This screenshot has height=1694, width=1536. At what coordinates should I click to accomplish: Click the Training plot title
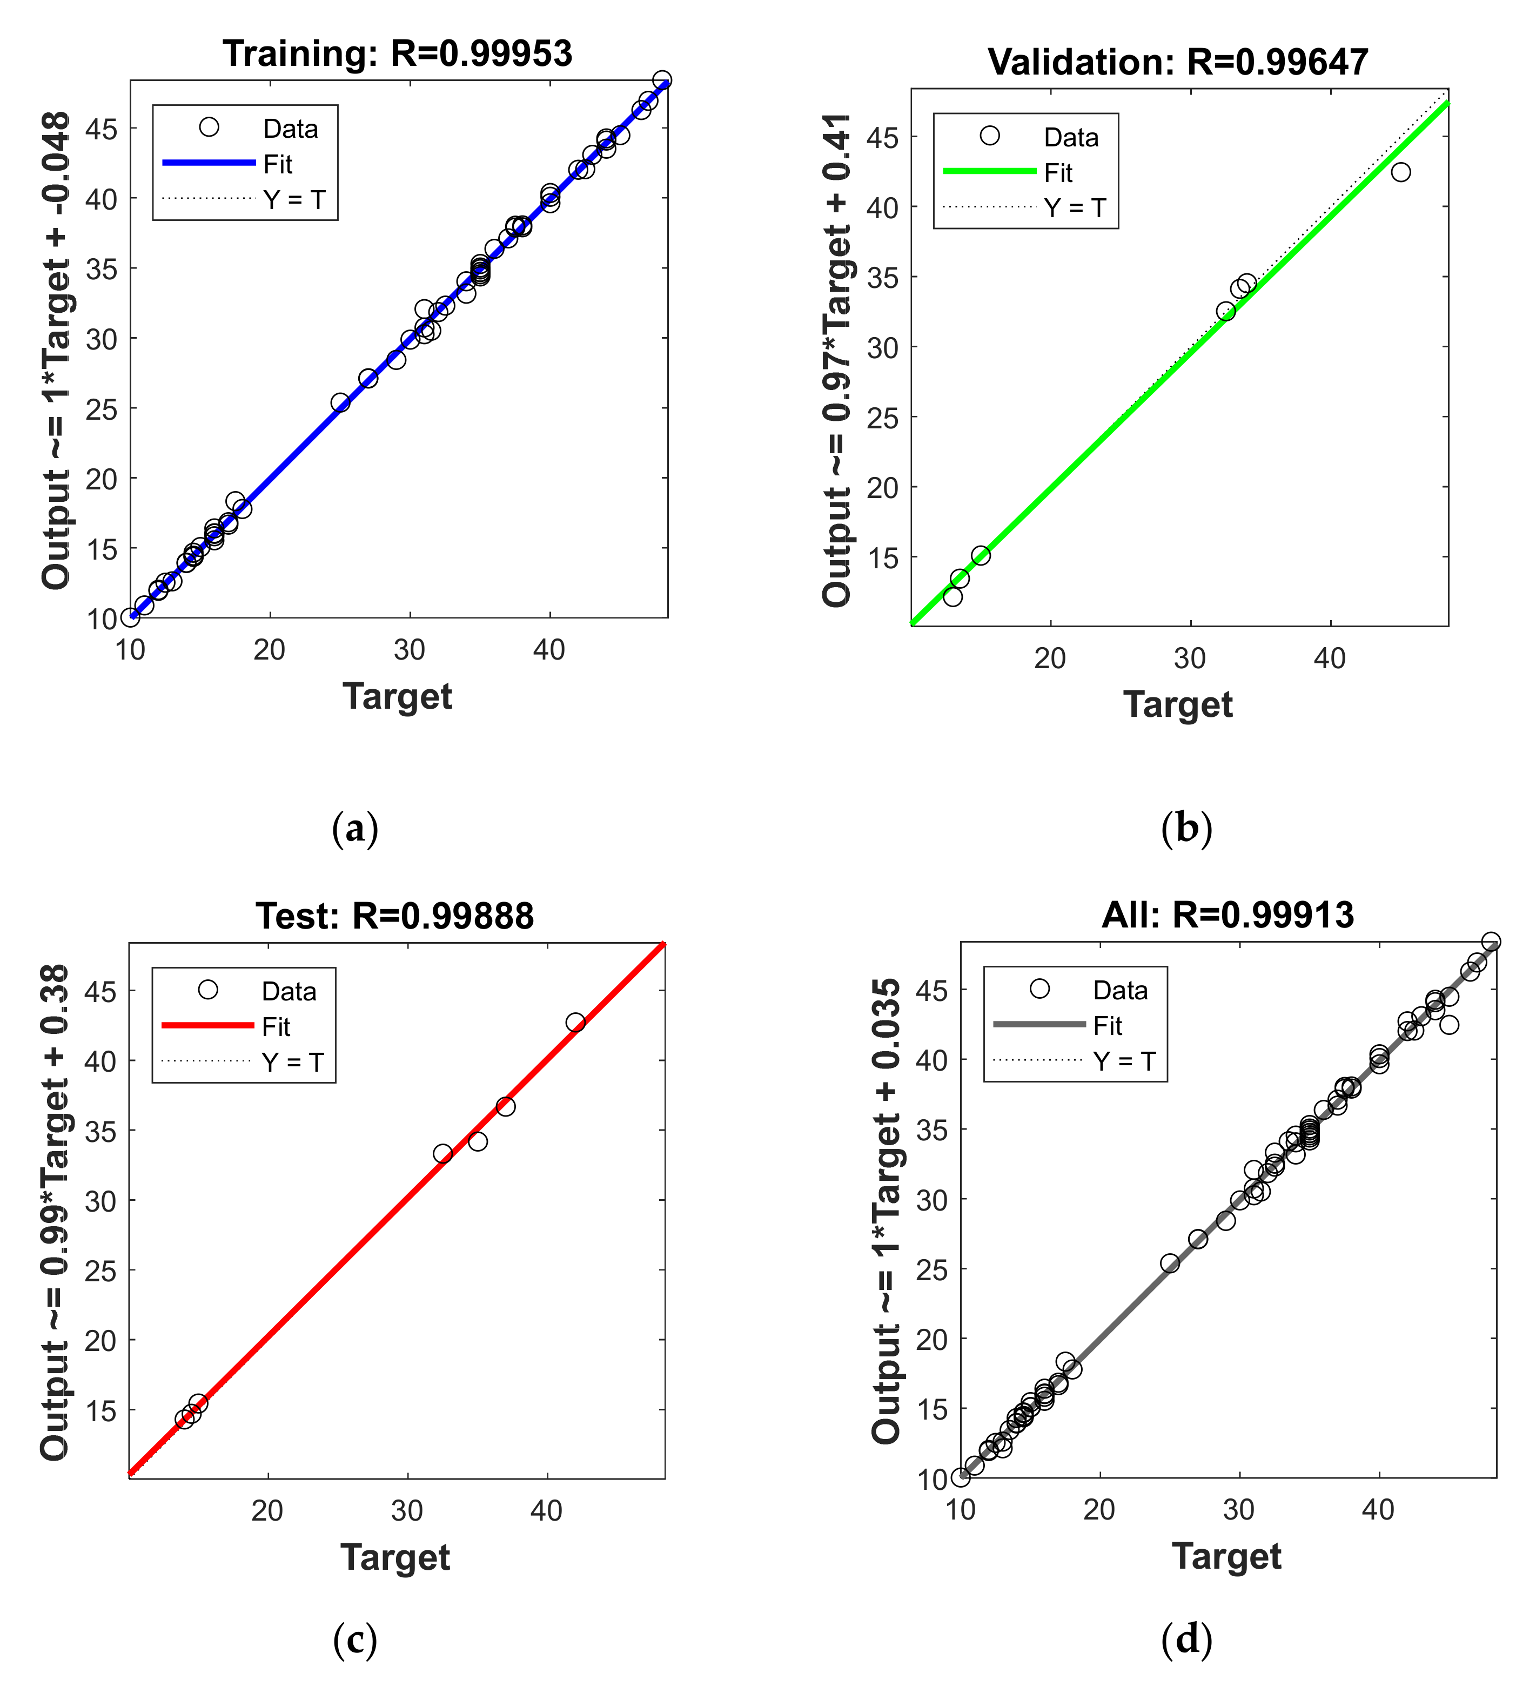(x=398, y=54)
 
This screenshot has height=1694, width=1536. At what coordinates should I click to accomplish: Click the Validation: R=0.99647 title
(x=1178, y=62)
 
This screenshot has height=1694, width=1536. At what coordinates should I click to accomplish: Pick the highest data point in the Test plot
(x=575, y=1023)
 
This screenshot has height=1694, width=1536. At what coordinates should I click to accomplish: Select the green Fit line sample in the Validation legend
(x=989, y=171)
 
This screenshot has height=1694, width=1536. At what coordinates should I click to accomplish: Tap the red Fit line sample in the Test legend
(x=207, y=1025)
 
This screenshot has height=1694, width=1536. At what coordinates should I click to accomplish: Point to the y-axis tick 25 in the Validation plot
(x=882, y=418)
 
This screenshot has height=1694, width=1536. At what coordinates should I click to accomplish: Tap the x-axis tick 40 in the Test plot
(x=547, y=1511)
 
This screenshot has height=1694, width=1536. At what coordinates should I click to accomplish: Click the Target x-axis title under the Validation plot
(x=1178, y=704)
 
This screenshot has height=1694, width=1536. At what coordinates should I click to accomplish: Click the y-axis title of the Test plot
(x=56, y=1213)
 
